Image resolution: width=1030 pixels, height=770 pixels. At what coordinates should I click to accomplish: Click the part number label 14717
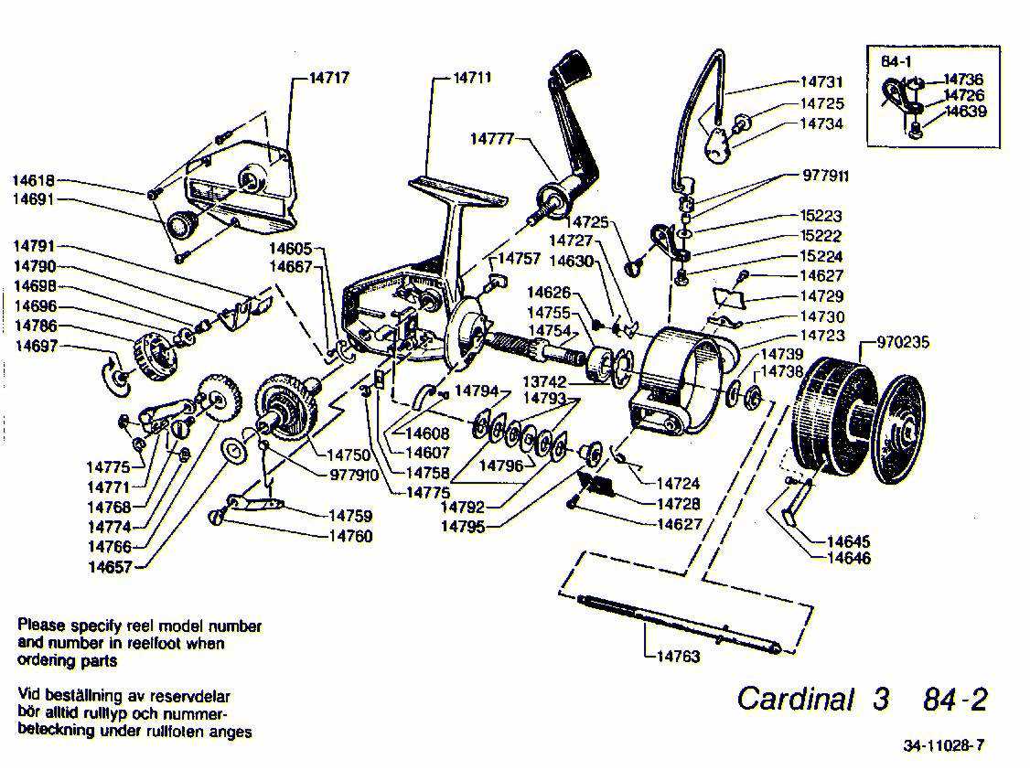[328, 78]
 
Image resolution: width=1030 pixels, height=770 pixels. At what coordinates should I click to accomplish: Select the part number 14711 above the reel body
[472, 78]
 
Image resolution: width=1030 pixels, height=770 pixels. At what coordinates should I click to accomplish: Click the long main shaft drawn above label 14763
[678, 623]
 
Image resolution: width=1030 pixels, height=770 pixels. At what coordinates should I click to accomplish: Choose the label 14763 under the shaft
[678, 656]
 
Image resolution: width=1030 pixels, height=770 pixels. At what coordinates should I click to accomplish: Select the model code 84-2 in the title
[955, 700]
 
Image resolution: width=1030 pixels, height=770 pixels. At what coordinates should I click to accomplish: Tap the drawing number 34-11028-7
[943, 745]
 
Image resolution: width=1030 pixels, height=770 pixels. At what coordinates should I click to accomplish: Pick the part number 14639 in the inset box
[964, 112]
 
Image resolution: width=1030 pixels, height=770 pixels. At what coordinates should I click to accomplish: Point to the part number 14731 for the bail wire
[821, 82]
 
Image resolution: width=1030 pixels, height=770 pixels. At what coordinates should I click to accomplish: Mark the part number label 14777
[492, 139]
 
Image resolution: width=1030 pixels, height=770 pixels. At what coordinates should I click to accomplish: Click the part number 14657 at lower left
[110, 566]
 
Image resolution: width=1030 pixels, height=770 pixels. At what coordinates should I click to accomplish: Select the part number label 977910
[354, 475]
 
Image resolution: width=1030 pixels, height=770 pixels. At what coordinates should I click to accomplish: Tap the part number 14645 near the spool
[848, 542]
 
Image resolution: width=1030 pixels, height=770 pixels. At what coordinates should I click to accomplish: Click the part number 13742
[544, 381]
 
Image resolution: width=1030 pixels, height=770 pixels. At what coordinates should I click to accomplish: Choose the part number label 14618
[34, 180]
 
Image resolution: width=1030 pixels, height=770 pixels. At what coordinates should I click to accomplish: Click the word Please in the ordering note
[42, 626]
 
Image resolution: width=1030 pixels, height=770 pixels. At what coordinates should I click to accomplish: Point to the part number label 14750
[348, 455]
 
